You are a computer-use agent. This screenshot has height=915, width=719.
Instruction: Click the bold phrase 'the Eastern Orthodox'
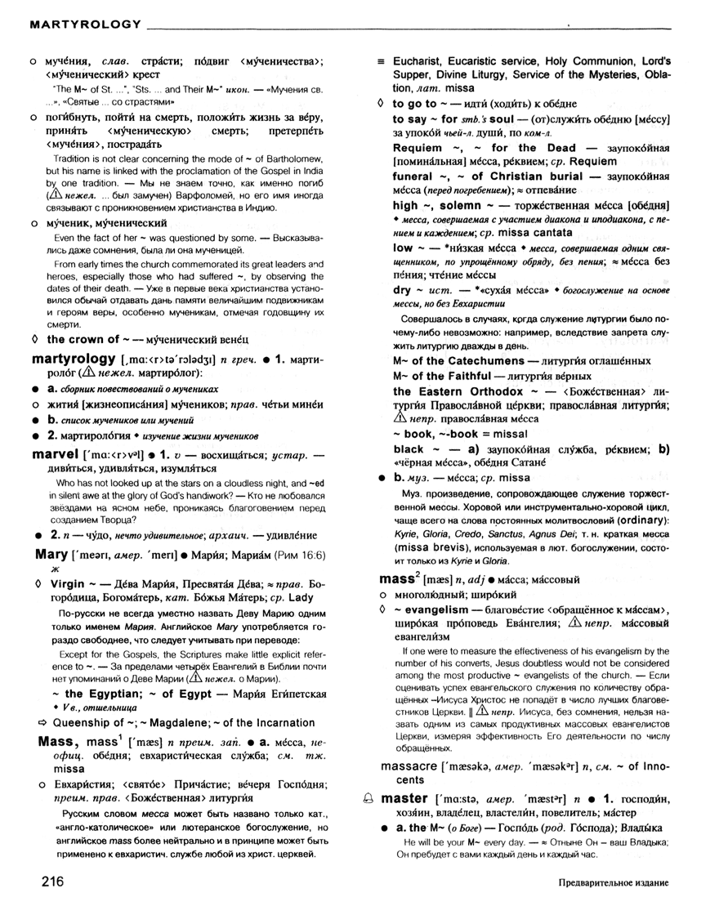pyautogui.click(x=459, y=391)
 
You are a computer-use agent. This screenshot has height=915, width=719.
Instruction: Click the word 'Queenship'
pyautogui.click(x=85, y=723)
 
